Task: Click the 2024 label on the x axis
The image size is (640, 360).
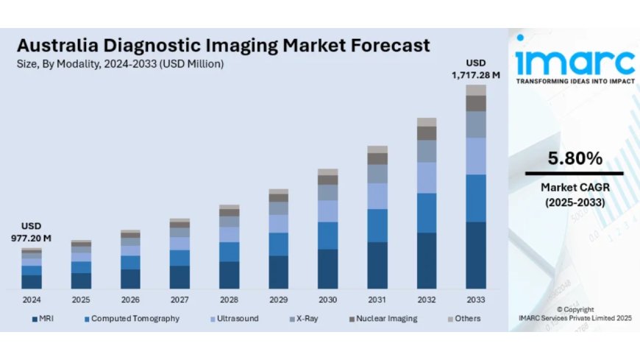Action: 32,300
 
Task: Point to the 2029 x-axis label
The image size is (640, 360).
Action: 278,300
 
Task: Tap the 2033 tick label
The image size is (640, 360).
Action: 476,300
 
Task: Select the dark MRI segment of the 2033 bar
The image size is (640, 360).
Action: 476,255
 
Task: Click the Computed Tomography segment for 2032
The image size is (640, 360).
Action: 427,213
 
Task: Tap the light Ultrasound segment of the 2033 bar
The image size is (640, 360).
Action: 476,155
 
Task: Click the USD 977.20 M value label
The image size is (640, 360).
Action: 31,232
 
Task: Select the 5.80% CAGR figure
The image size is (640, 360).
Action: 575,158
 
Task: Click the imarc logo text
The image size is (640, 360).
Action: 575,58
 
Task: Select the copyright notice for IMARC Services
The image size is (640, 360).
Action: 575,314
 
